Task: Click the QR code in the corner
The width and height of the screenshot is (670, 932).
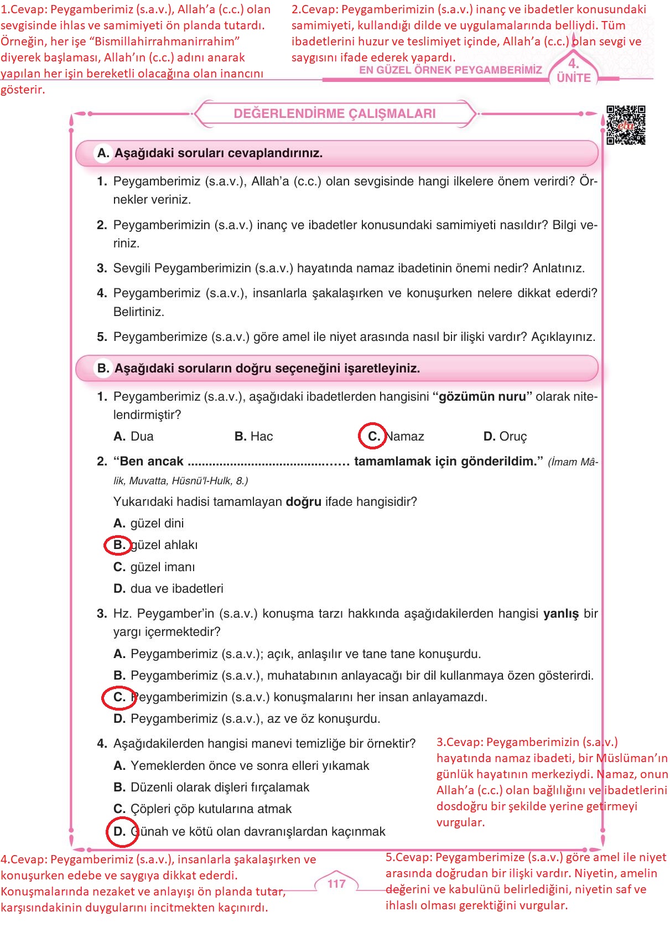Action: pos(626,125)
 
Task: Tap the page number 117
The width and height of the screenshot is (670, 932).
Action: pos(336,883)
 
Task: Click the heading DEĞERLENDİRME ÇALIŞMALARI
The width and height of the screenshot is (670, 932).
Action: pos(335,113)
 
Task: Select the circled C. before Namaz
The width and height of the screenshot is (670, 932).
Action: pos(373,436)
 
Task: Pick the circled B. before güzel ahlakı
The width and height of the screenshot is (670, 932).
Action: pos(118,545)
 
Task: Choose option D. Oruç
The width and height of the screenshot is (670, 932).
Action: pos(505,436)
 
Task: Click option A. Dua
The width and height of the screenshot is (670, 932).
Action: pos(133,436)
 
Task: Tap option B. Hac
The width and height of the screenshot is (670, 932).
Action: pos(253,436)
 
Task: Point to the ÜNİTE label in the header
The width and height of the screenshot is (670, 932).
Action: pos(574,77)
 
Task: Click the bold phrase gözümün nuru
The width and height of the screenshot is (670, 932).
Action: pos(482,396)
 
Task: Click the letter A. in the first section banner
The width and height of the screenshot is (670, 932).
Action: pos(103,153)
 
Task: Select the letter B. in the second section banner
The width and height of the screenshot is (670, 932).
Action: pos(103,368)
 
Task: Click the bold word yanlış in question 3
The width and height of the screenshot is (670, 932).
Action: pos(560,613)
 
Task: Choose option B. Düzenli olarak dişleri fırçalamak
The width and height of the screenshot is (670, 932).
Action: pos(211,787)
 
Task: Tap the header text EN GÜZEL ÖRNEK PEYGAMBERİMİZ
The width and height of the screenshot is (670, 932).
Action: pos(450,70)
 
